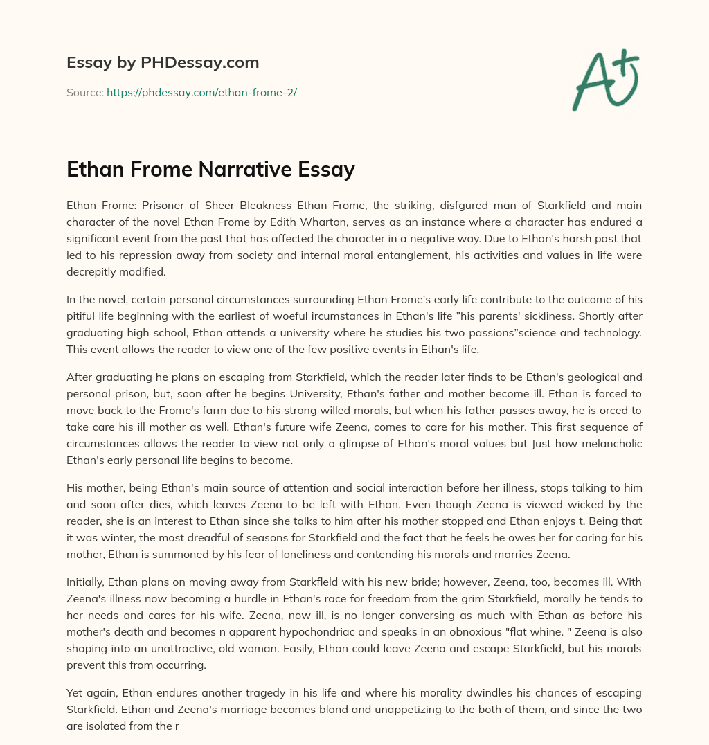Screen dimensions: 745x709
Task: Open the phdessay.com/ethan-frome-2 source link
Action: coord(201,92)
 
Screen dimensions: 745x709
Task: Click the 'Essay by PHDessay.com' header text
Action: coord(163,63)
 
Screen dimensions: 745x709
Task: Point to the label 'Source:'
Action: coord(85,92)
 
